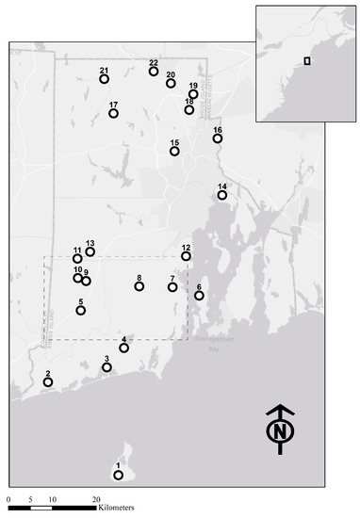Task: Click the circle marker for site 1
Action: [119, 475]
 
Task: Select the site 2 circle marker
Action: [48, 381]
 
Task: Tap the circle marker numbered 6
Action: [199, 296]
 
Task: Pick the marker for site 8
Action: [139, 286]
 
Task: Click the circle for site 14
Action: [222, 195]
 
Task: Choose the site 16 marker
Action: [218, 138]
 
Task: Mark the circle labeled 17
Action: [113, 113]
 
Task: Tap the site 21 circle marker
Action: [105, 79]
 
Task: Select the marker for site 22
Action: [154, 72]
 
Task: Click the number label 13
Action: [90, 243]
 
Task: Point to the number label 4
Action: [124, 339]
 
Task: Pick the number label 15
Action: [174, 142]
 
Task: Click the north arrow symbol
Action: [279, 430]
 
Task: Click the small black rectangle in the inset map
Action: [306, 61]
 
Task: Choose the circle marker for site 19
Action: [193, 94]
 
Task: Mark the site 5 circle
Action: [81, 310]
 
